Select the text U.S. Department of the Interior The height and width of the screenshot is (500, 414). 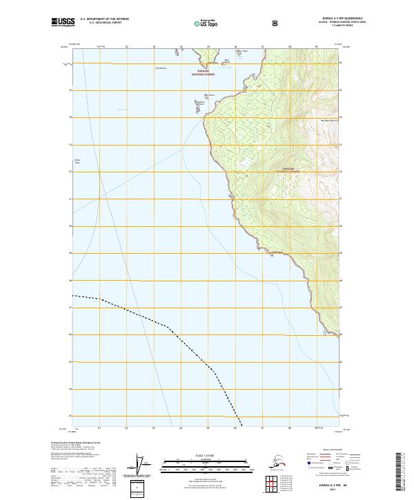click(x=104, y=20)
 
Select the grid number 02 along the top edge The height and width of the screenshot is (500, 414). click(x=127, y=47)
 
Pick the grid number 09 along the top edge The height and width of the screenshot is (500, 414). click(x=317, y=47)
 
